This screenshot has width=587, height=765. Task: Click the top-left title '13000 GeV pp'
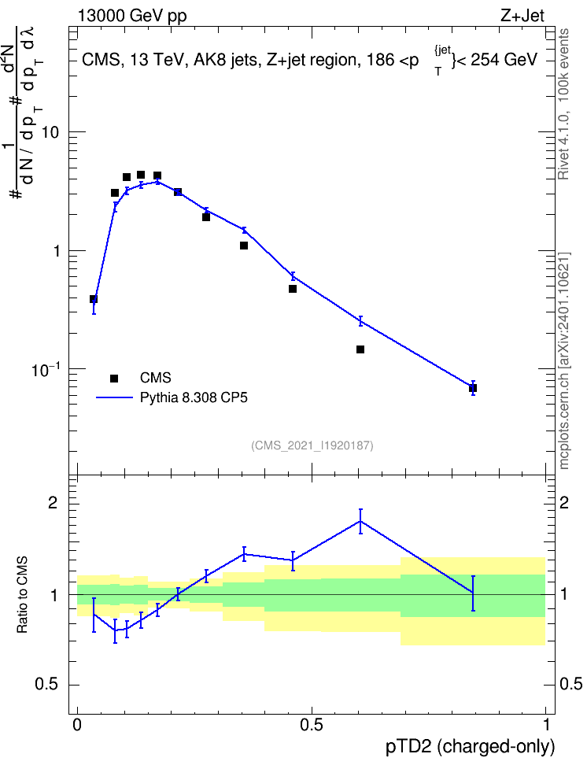[x=131, y=17]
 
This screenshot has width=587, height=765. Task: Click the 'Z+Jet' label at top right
[x=522, y=16]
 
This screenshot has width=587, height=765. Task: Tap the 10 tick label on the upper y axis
[x=50, y=132]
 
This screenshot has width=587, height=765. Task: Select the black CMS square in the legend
[x=114, y=378]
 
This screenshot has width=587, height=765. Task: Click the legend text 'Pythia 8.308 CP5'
[x=194, y=397]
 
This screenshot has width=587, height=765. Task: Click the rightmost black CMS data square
[x=473, y=388]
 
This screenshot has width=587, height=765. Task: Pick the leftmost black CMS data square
[x=94, y=299]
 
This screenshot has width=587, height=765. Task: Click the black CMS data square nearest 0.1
[x=127, y=177]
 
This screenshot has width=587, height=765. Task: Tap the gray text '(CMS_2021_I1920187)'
[x=312, y=445]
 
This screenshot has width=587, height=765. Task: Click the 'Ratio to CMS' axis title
[x=22, y=595]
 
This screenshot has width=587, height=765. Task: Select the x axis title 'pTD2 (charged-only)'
[x=471, y=747]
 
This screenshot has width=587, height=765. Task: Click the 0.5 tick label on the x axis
[x=312, y=725]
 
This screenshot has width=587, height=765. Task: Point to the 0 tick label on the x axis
[x=77, y=725]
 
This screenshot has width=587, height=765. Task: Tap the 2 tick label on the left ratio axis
[x=53, y=503]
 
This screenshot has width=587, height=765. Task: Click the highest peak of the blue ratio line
[x=360, y=521]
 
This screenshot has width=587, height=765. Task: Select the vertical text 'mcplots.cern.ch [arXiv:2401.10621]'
[x=564, y=361]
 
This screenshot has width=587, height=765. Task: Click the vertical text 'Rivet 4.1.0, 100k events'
[x=563, y=104]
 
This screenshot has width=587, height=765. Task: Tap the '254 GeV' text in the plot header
[x=504, y=60]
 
